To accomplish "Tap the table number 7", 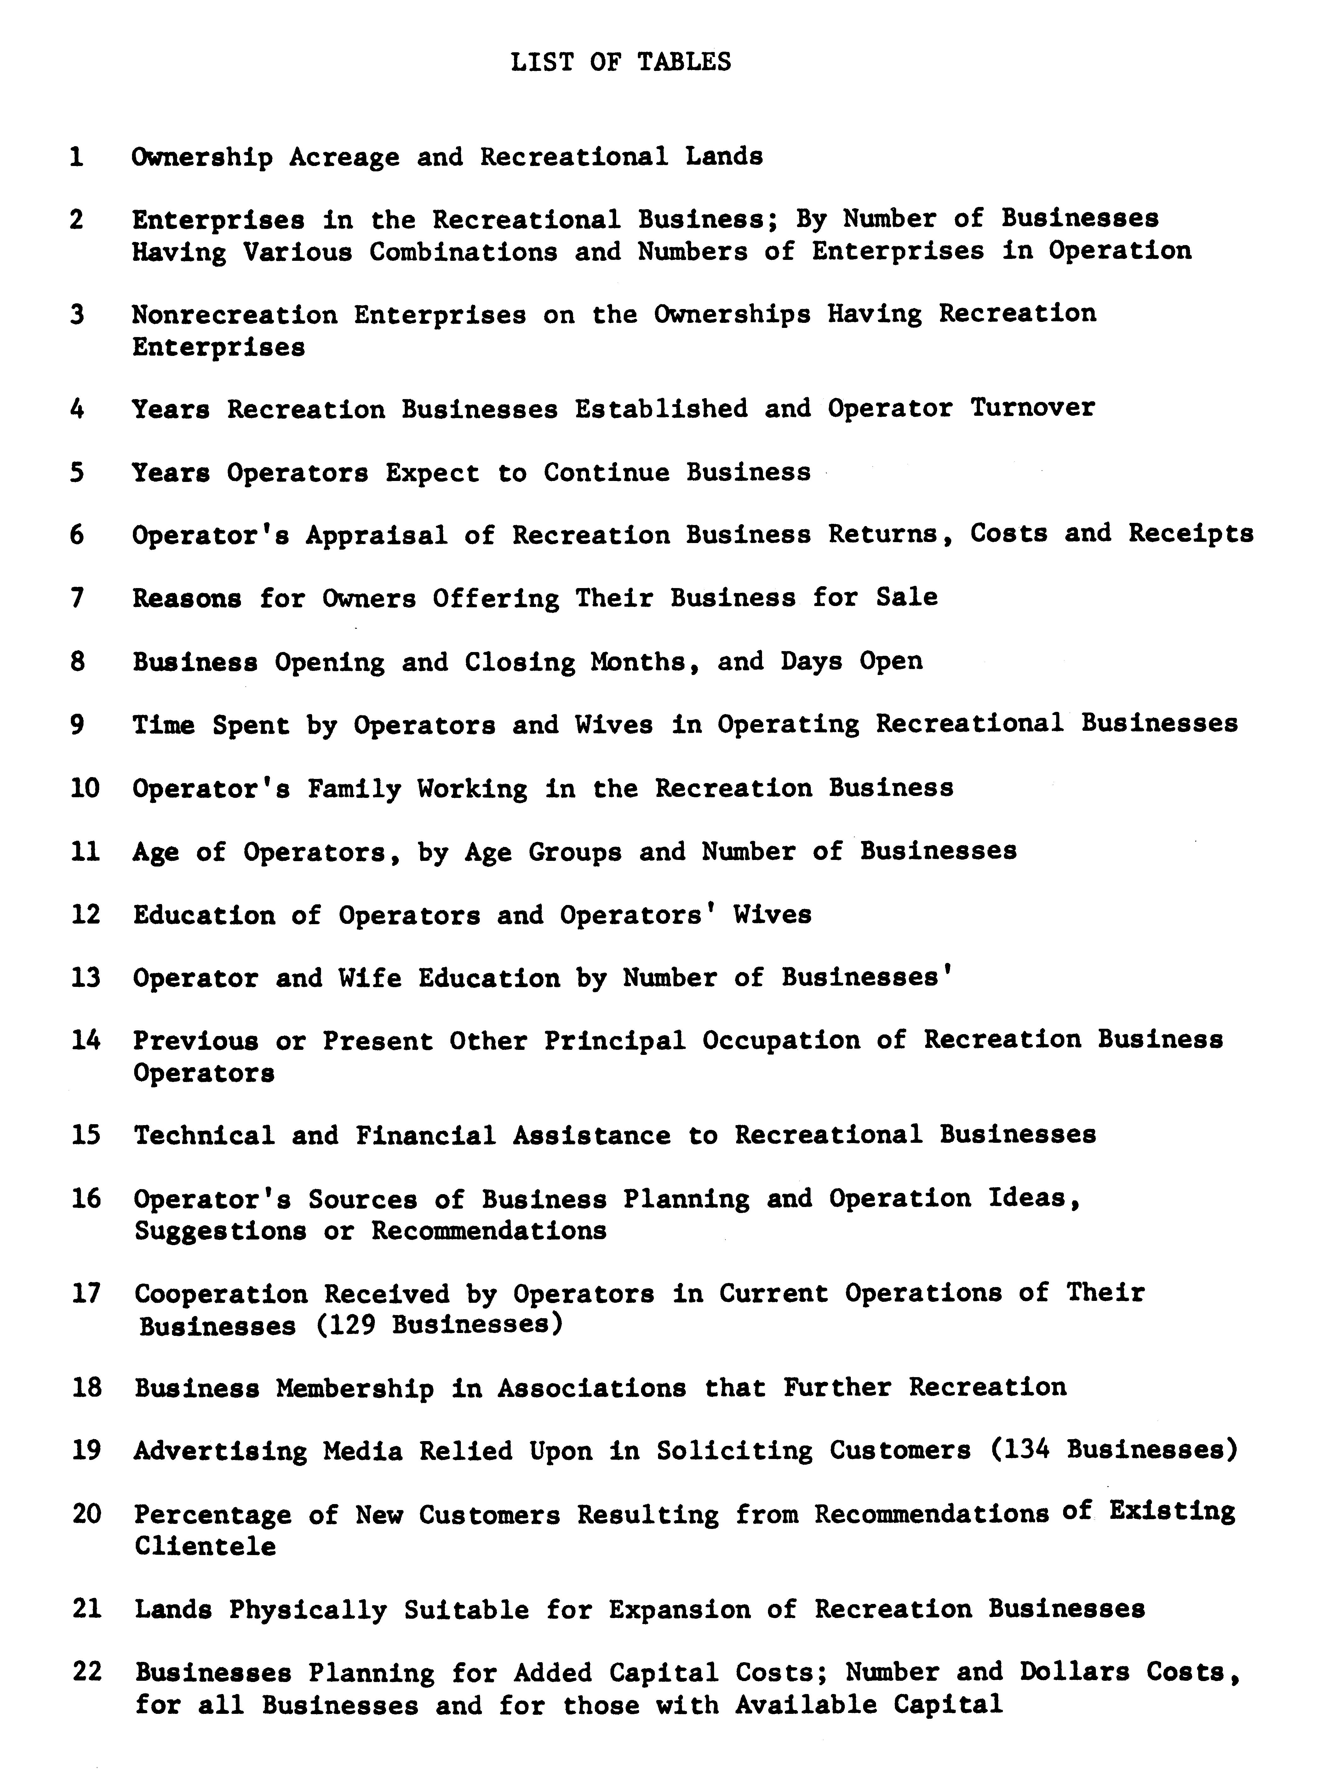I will [x=77, y=598].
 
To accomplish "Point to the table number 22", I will [x=87, y=1672].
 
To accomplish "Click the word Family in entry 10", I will [x=354, y=788].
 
